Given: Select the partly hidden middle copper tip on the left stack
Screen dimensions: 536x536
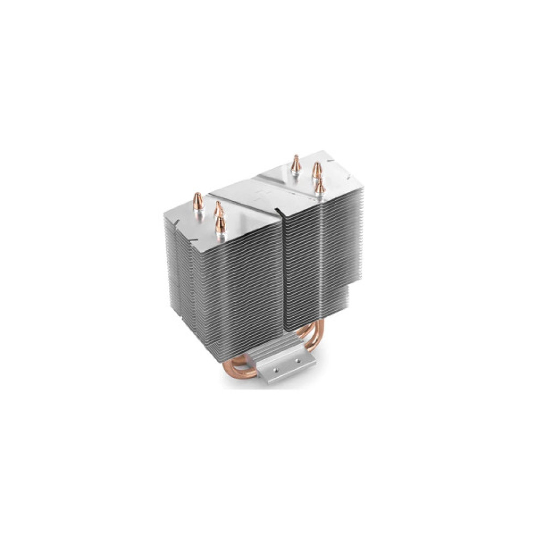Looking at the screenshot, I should click(x=218, y=207).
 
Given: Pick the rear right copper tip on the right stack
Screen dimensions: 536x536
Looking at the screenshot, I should click(x=317, y=171).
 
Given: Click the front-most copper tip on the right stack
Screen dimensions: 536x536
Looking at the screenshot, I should click(x=320, y=187).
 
